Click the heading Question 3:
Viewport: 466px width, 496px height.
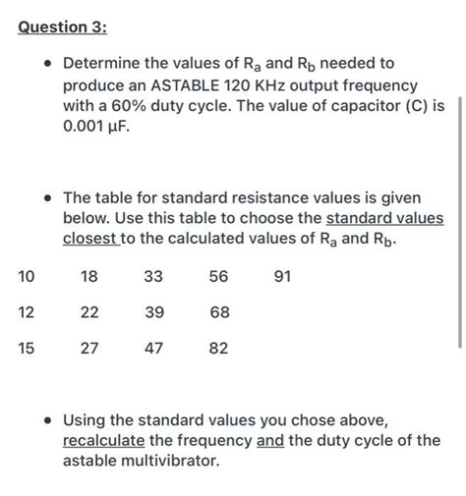(x=62, y=28)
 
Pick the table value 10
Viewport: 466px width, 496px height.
(x=27, y=278)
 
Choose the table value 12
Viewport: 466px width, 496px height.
(x=27, y=312)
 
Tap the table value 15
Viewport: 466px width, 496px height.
(x=27, y=347)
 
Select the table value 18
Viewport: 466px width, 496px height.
(x=89, y=278)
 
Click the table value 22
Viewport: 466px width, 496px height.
(x=89, y=312)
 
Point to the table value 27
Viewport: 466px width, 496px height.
(x=89, y=347)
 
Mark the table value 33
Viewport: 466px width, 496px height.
(x=154, y=278)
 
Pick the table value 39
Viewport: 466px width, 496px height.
(x=154, y=312)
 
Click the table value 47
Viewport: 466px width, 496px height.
(x=154, y=347)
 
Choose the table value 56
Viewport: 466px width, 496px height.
(x=219, y=278)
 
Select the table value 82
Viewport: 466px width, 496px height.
(x=219, y=347)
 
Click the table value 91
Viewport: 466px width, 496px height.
(x=283, y=278)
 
